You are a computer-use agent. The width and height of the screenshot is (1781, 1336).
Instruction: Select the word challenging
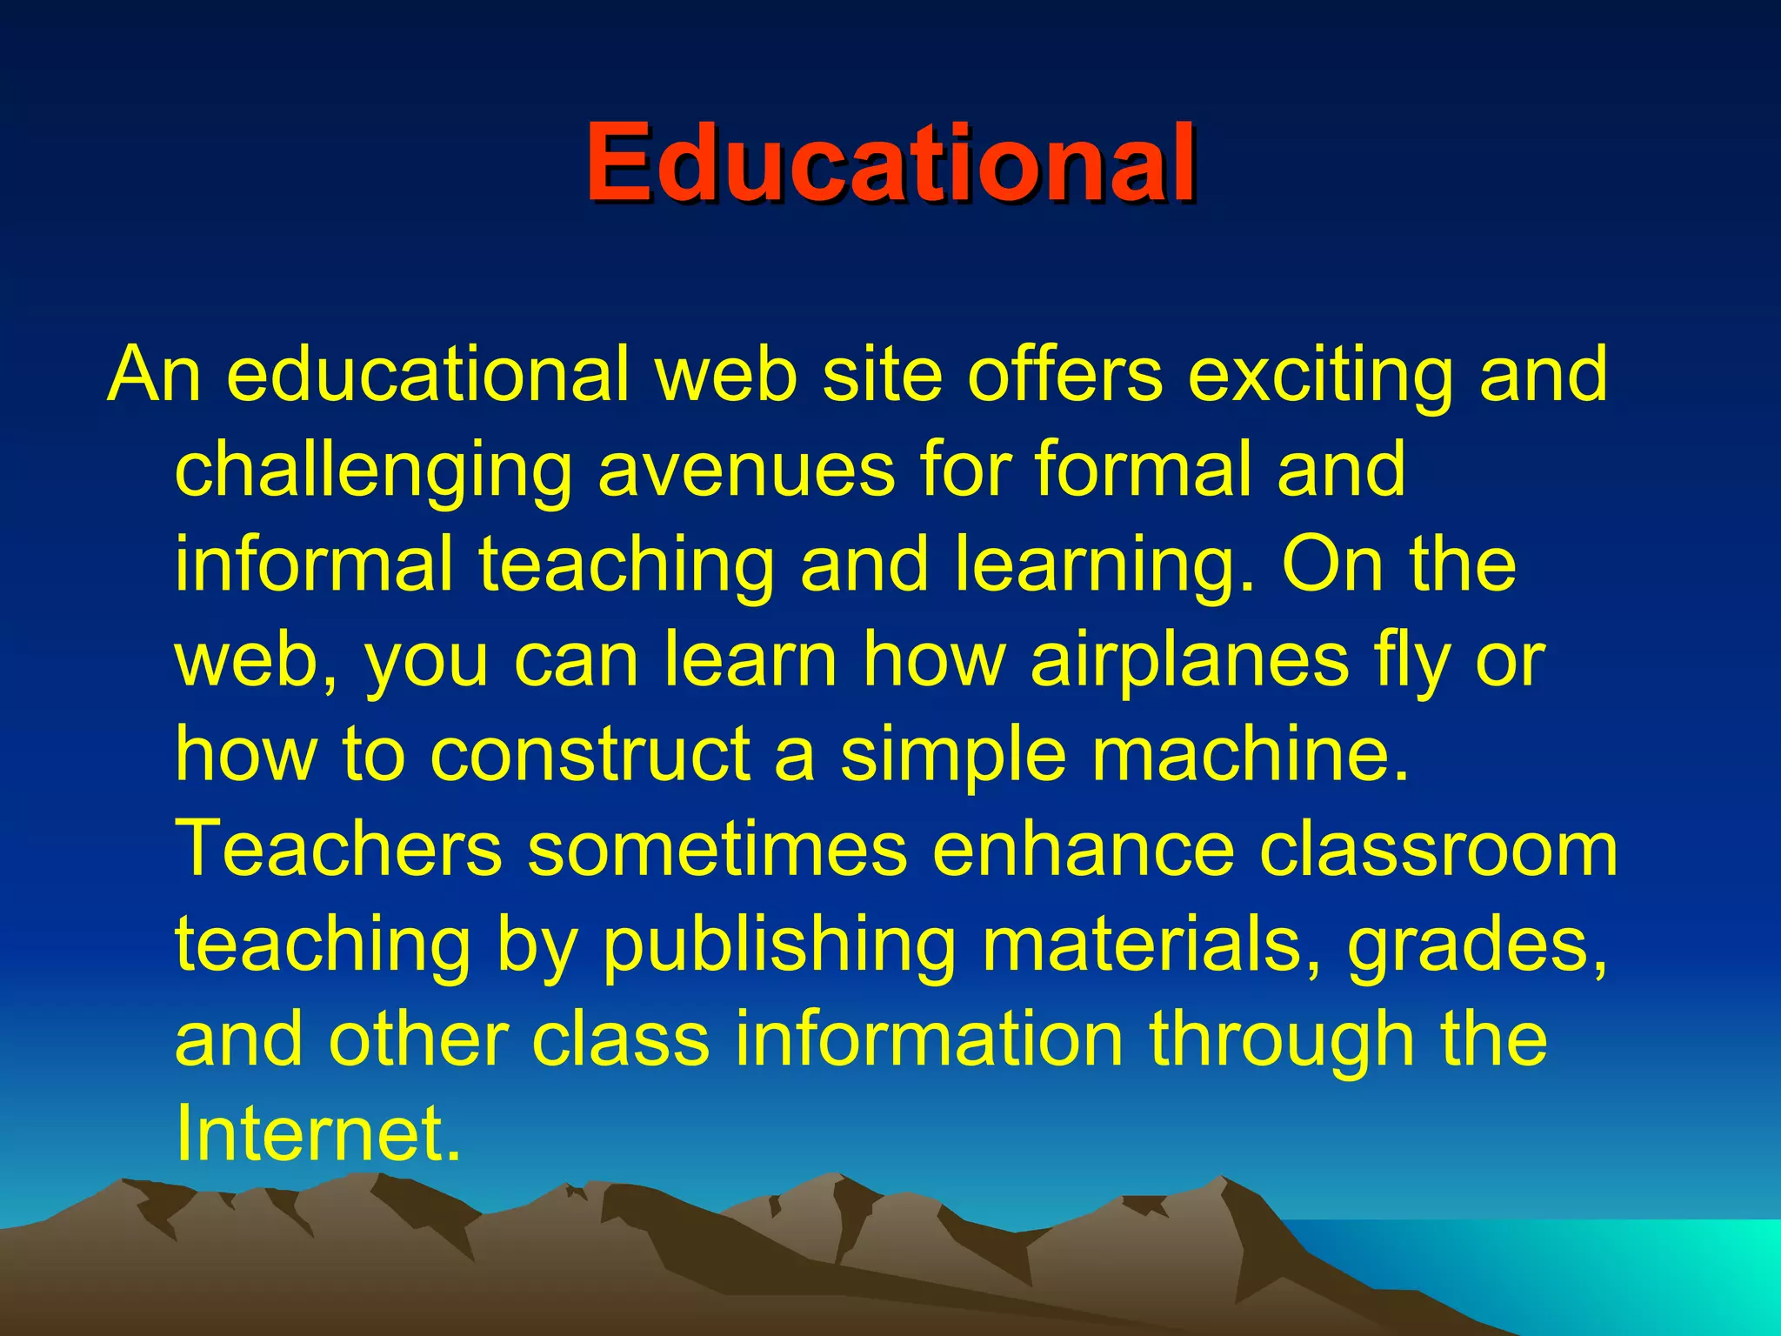point(373,471)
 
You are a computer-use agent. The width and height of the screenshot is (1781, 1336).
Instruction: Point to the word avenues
point(746,471)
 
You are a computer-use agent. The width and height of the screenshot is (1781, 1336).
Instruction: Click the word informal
point(314,564)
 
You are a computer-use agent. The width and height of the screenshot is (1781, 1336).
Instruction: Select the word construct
point(590,754)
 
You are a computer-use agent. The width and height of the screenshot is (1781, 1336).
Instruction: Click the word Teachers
point(339,849)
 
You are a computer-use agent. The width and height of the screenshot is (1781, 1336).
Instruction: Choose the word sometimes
point(717,849)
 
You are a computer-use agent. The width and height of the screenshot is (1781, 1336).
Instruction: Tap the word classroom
point(1438,849)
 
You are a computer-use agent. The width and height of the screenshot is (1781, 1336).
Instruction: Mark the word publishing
point(779,945)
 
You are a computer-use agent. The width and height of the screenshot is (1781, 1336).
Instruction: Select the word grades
point(1476,945)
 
